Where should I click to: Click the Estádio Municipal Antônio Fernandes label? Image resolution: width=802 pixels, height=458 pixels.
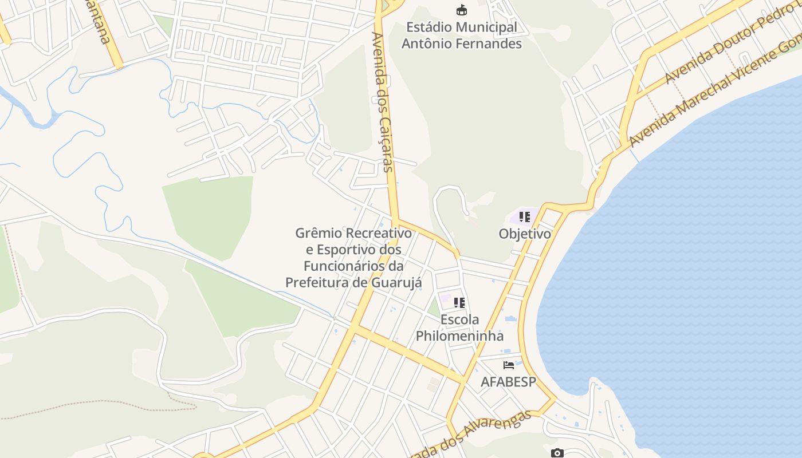(x=461, y=35)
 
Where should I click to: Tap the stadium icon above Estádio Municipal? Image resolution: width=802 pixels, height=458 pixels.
(x=461, y=10)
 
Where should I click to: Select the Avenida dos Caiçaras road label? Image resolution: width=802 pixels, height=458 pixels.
(x=382, y=102)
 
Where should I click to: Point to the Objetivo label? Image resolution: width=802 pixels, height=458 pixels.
(x=525, y=234)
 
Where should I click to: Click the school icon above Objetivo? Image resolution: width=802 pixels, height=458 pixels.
(x=524, y=217)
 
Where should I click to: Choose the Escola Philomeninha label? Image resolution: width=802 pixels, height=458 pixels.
(x=459, y=327)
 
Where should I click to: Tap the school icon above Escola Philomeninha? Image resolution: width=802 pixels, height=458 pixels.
(x=459, y=302)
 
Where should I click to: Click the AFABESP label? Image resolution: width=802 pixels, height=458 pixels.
(x=508, y=382)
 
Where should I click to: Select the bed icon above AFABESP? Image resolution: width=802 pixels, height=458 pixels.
(x=508, y=365)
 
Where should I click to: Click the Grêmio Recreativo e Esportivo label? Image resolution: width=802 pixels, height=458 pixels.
(x=353, y=258)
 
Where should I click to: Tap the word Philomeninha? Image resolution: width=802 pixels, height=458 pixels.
(x=459, y=335)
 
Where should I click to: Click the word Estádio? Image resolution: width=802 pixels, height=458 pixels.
(x=427, y=27)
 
